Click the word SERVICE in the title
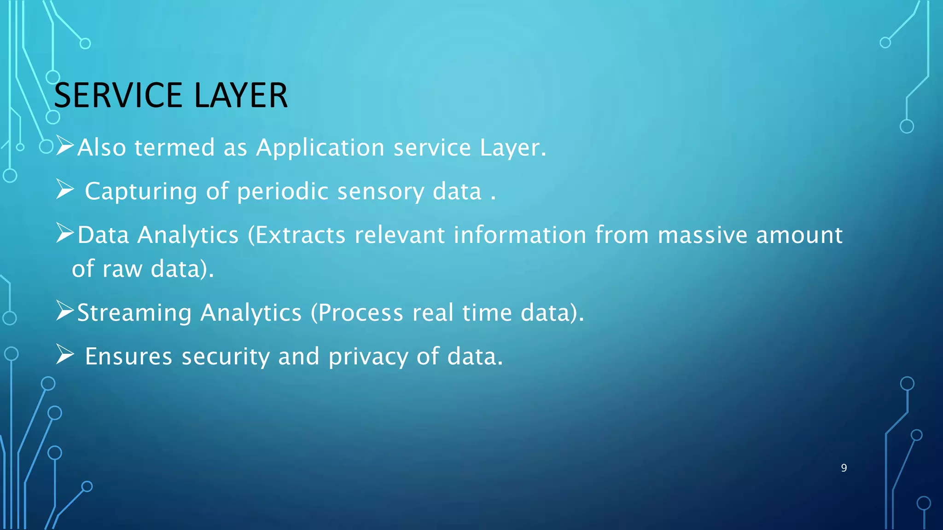click(118, 96)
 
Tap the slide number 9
click(844, 468)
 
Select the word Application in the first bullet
click(320, 148)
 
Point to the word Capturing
click(141, 191)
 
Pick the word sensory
click(380, 191)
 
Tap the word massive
click(702, 235)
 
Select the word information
click(520, 235)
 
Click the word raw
click(122, 269)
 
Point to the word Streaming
click(134, 313)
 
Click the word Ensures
click(129, 357)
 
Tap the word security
click(226, 357)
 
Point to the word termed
click(175, 148)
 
